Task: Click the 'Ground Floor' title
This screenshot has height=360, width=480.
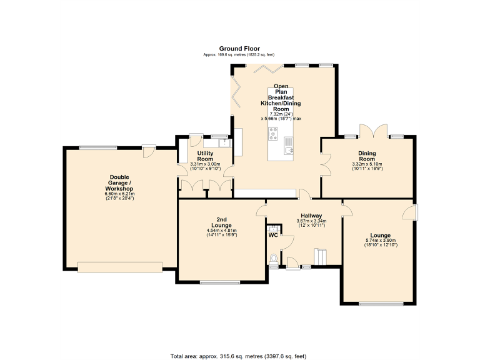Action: (x=239, y=48)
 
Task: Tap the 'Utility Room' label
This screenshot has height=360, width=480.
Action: (x=206, y=156)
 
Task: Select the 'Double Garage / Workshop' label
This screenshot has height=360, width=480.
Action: (x=119, y=182)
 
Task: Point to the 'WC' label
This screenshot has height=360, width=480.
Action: (x=273, y=235)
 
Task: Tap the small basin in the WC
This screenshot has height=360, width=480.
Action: (x=273, y=227)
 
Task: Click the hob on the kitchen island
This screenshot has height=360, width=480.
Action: (x=274, y=133)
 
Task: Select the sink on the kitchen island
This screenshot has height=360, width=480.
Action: (x=288, y=149)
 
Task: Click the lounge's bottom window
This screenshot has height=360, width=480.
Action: (x=381, y=304)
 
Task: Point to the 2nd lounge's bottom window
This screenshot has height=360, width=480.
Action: (x=219, y=283)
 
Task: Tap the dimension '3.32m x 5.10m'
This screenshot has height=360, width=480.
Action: (x=367, y=164)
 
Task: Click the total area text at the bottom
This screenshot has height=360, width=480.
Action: (x=239, y=356)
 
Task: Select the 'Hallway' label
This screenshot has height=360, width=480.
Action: (x=311, y=216)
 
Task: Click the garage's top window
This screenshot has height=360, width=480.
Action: (x=97, y=147)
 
